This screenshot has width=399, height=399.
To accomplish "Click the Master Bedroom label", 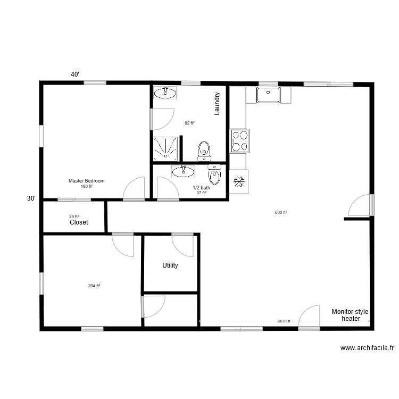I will point(86,181).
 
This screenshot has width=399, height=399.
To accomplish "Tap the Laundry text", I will point(217,104).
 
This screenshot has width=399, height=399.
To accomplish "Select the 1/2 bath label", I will point(201,187).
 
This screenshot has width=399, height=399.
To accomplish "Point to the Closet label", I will point(79,222).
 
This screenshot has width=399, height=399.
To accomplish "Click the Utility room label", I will point(170,265).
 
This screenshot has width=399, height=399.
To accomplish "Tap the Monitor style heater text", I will point(350,315).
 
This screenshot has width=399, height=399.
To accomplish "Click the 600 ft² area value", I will point(281,212).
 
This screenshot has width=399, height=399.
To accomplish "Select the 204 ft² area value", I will point(94,286).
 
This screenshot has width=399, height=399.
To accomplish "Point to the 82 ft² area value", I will point(189,123).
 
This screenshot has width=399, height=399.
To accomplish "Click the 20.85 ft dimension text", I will point(284,321).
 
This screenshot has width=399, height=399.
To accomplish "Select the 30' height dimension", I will point(31,198).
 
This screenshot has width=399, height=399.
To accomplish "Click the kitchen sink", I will point(268,95).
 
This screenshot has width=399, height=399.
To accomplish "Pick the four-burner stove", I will point(240,141).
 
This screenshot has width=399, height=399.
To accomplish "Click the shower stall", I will point(165,149).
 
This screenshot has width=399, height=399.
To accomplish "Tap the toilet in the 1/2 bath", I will point(214,174).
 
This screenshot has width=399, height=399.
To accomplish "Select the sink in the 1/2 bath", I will point(183,171).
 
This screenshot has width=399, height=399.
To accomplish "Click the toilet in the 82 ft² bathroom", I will point(204,151).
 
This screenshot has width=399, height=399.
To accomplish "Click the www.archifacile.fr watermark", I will point(367,348).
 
